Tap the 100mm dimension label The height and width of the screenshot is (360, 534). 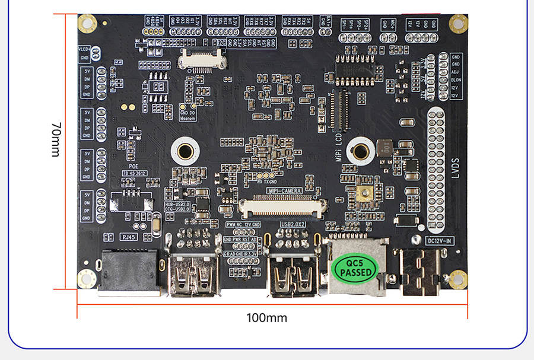pos(266,318)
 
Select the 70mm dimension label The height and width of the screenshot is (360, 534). pos(56,140)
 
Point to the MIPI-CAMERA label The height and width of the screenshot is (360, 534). pos(285,190)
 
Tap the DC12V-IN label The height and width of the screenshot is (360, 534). pos(440,240)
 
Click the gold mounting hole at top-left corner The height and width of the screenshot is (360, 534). pos(87,24)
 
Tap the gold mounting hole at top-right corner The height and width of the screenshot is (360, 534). pos(458,23)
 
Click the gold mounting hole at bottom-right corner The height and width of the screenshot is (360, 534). pos(457,278)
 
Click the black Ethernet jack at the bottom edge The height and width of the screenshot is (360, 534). pos(129,272)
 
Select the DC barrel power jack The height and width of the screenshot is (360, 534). pos(421,273)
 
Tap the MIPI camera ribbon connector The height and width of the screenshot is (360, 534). pos(283,205)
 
